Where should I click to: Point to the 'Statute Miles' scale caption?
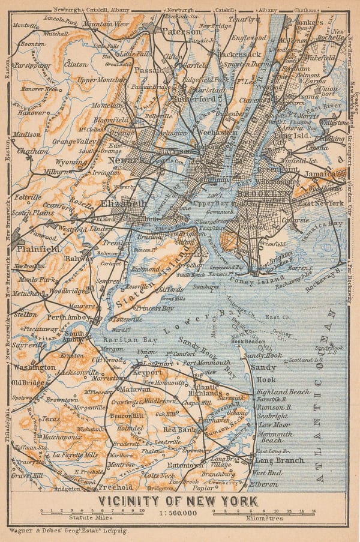coord(90,516)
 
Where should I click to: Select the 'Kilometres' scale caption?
coord(264,516)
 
